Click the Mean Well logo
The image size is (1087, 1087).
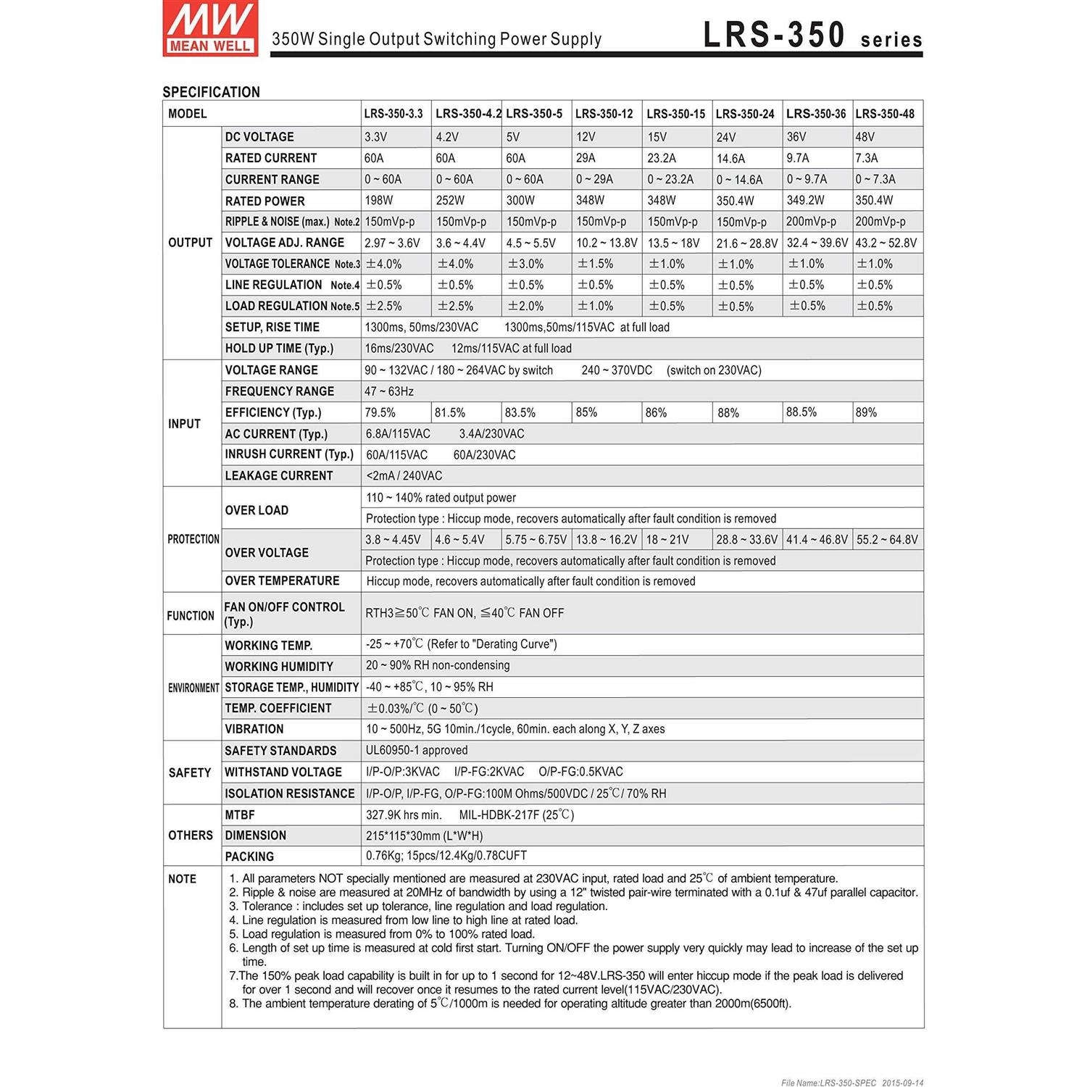pyautogui.click(x=209, y=28)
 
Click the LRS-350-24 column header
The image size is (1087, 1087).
pyautogui.click(x=745, y=114)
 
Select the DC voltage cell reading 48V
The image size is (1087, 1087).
pyautogui.click(x=865, y=137)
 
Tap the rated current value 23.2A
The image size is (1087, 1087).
pyautogui.click(x=662, y=158)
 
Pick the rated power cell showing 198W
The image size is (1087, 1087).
pyautogui.click(x=379, y=201)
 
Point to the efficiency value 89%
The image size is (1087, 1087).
pyautogui.click(x=866, y=412)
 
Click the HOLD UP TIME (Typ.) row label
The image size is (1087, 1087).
pyautogui.click(x=279, y=349)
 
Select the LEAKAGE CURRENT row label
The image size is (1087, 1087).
pyautogui.click(x=279, y=476)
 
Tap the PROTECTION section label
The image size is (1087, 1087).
pyautogui.click(x=193, y=539)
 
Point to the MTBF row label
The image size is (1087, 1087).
pyautogui.click(x=240, y=815)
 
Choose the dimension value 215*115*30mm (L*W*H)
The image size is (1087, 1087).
pyautogui.click(x=424, y=836)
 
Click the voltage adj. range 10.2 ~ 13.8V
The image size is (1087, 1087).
pyautogui.click(x=607, y=243)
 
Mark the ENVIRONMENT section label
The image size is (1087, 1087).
pyautogui.click(x=193, y=688)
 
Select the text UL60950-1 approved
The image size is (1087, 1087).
pyautogui.click(x=417, y=751)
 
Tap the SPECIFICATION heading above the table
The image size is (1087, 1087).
pyautogui.click(x=211, y=92)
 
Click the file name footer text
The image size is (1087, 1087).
pyautogui.click(x=852, y=1083)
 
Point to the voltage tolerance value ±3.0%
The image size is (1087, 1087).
pyautogui.click(x=525, y=265)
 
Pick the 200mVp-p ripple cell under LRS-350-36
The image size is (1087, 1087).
pyautogui.click(x=811, y=222)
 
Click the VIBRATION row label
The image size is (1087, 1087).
pyautogui.click(x=254, y=730)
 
